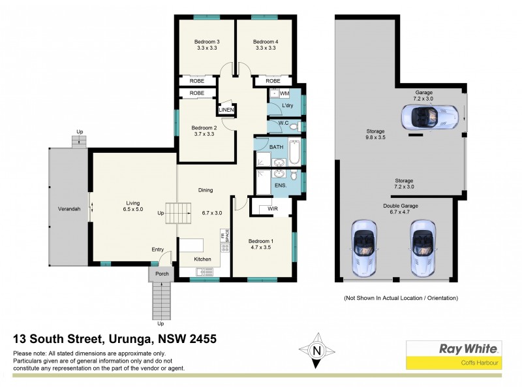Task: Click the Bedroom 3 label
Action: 207,41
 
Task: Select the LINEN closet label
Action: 226,110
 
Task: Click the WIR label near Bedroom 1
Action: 272,209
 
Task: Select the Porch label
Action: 161,274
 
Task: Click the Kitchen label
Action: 203,259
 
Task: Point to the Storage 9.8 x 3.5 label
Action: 376,135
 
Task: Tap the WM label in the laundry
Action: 284,94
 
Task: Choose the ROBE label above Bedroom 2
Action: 196,93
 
